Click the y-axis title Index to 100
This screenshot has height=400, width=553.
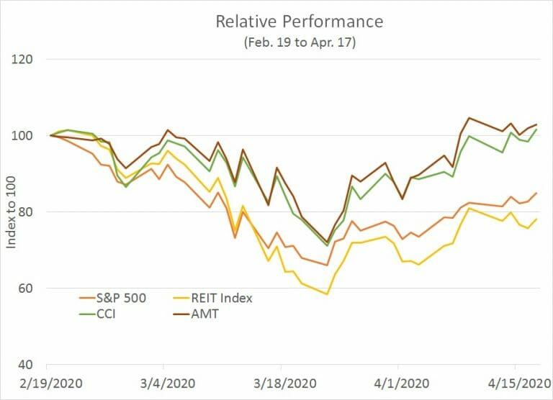12,212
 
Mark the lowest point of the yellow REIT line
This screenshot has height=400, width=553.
327,294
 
